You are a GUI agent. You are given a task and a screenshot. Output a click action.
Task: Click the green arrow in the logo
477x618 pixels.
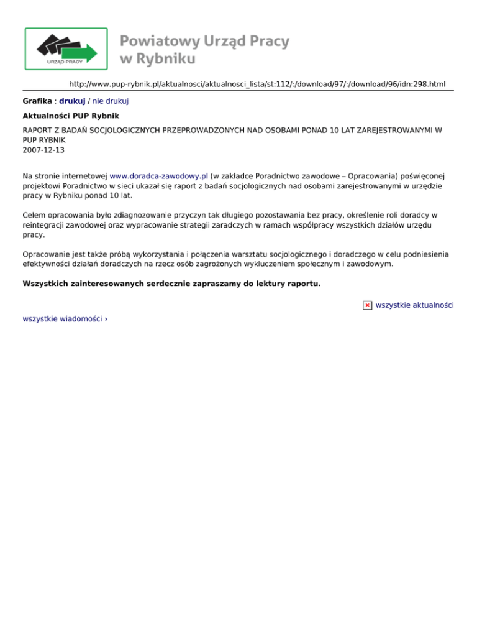tap(86, 52)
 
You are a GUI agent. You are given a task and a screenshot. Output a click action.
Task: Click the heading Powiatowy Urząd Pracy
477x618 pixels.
tap(204, 41)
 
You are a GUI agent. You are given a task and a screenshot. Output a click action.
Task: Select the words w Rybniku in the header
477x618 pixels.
tap(158, 59)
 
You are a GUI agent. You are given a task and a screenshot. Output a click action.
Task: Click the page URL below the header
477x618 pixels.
tap(257, 84)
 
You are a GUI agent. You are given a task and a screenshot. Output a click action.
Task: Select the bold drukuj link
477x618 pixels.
tap(72, 100)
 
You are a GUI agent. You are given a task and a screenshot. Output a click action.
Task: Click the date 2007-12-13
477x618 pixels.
tap(43, 150)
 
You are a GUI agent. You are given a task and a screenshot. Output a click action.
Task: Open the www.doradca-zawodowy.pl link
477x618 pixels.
tap(159, 176)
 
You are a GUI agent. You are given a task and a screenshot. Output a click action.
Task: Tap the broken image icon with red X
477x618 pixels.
tap(368, 305)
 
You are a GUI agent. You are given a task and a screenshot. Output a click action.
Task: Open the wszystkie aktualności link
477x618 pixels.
tap(415, 305)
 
